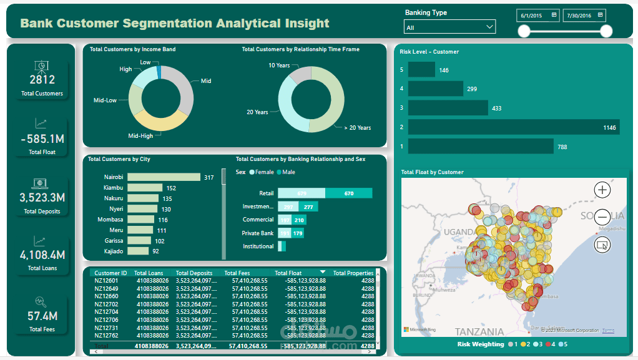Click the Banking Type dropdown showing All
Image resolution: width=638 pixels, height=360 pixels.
[449, 27]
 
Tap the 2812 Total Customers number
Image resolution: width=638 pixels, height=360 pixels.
[42, 79]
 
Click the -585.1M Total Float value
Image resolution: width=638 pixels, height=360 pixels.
[42, 139]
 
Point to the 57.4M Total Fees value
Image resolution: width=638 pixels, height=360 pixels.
[42, 316]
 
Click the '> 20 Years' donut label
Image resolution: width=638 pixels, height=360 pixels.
[357, 128]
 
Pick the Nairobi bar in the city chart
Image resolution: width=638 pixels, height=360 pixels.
[163, 177]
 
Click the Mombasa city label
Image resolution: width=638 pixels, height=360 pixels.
[110, 220]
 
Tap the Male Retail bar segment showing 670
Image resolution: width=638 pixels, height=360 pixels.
[348, 193]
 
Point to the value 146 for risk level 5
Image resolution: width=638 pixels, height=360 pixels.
[444, 71]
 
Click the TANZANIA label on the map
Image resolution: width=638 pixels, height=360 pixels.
[479, 331]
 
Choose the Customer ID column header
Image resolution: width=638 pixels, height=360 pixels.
[110, 273]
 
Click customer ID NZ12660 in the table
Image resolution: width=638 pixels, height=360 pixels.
[106, 296]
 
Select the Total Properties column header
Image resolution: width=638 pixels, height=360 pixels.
[353, 273]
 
